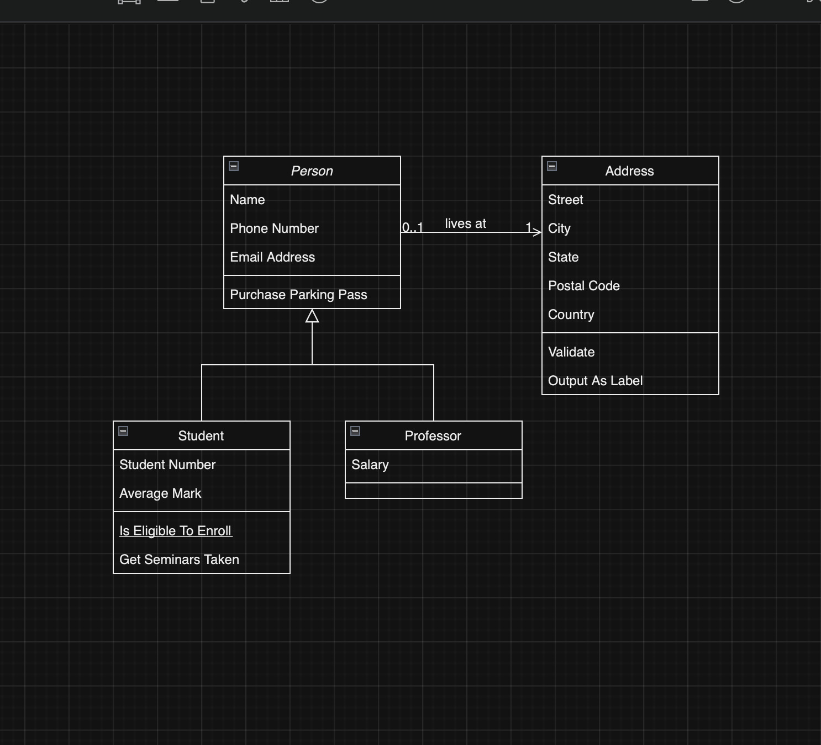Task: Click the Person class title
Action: click(312, 171)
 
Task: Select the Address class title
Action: click(629, 171)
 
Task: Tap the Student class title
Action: click(201, 436)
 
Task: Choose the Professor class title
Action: click(433, 436)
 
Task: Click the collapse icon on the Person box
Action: click(234, 166)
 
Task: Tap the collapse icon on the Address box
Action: click(552, 166)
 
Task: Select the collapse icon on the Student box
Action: click(123, 431)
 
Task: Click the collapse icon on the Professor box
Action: click(355, 431)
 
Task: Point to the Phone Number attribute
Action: click(274, 228)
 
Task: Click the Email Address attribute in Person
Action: click(272, 257)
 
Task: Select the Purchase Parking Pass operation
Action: click(298, 295)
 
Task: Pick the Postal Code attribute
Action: click(583, 286)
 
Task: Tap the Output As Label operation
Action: click(595, 381)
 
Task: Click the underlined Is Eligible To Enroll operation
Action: click(176, 531)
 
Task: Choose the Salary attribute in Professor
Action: click(370, 465)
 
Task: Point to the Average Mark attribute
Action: click(160, 493)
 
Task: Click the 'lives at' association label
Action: click(465, 223)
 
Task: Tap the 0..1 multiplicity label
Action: click(413, 227)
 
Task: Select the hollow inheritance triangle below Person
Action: click(312, 316)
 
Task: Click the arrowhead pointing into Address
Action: click(537, 232)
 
